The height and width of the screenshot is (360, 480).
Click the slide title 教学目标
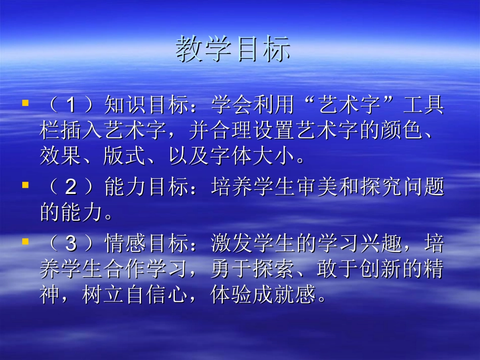tap(233, 49)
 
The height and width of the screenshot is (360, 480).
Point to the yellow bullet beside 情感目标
tap(25, 242)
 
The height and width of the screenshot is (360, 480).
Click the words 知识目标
tap(147, 106)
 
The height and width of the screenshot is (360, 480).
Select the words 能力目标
tap(147, 188)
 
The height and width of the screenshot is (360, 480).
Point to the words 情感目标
tap(147, 244)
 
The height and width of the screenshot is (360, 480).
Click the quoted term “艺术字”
tap(349, 106)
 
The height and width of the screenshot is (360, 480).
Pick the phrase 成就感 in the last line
tap(284, 295)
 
